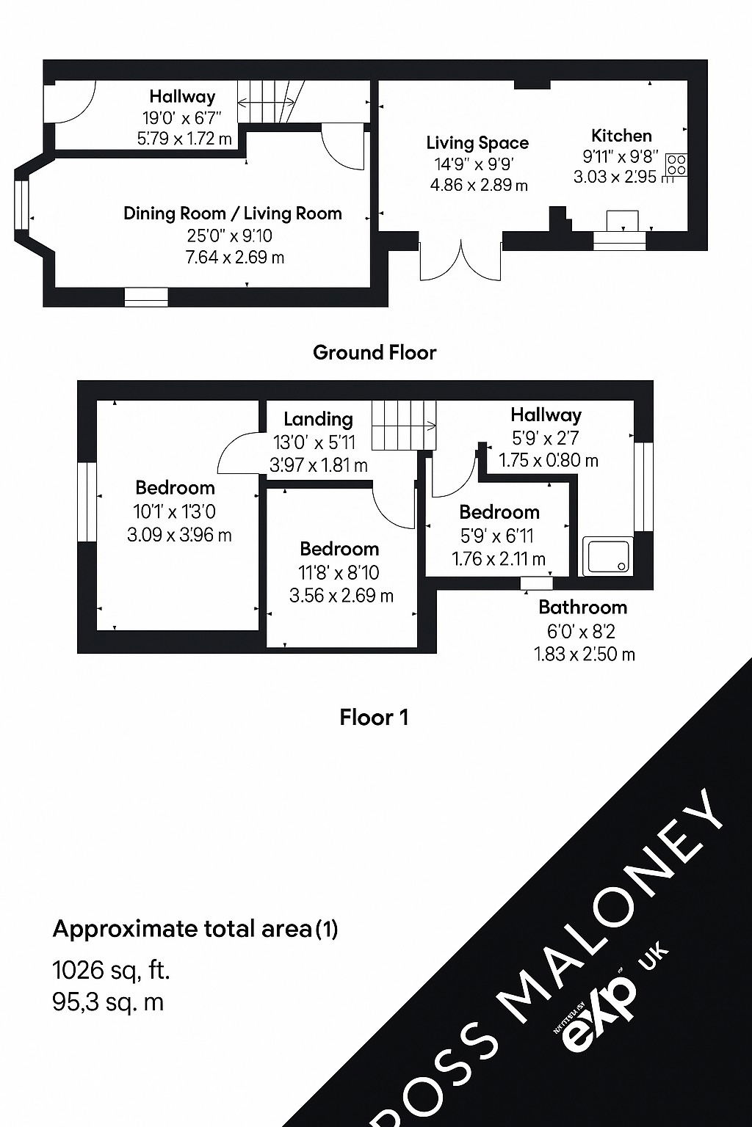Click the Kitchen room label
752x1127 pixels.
(x=621, y=136)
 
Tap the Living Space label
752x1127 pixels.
(x=477, y=143)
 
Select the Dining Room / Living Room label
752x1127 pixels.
(x=233, y=214)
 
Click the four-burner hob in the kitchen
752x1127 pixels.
(x=676, y=164)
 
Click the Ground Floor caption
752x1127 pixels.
(x=375, y=353)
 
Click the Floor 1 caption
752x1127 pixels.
(x=374, y=717)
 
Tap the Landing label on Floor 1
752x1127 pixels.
(x=318, y=419)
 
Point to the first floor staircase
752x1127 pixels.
(x=403, y=425)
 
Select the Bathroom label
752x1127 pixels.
(x=582, y=608)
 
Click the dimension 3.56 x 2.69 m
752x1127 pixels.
(x=341, y=596)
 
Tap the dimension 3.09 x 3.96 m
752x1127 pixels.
(x=179, y=535)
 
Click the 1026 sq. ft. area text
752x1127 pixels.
(x=112, y=970)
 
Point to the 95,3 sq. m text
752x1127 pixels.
(x=108, y=1002)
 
